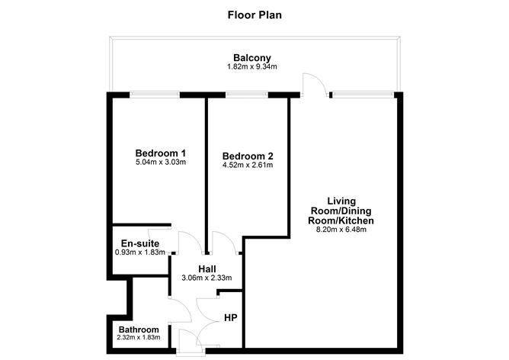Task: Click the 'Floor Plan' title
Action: point(254,14)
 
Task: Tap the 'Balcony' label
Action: point(251,58)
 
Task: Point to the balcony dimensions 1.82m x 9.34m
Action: point(251,68)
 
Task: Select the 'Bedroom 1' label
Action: point(161,152)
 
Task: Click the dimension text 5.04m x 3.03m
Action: point(161,162)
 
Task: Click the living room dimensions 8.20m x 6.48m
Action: point(341,230)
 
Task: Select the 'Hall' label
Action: point(206,268)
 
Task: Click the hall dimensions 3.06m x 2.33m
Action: point(206,278)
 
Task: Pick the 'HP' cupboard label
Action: point(229,317)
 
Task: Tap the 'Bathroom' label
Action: point(138,329)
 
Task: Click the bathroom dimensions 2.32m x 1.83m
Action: point(138,339)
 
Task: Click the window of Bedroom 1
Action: point(155,95)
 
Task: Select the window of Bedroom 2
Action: point(240,95)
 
